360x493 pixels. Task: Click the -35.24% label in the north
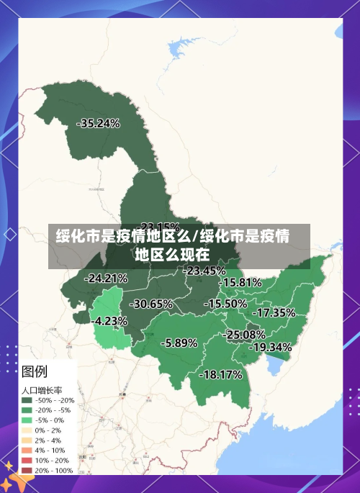tap(98, 123)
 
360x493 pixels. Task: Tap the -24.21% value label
tap(106, 278)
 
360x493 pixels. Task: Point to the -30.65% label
tap(151, 304)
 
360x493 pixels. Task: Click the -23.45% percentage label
tap(204, 271)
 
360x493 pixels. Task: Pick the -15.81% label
tap(240, 283)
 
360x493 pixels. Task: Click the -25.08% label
tap(244, 335)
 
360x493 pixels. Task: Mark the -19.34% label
tap(271, 347)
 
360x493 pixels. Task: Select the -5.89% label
tap(179, 343)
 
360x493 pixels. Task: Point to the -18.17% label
tap(220, 375)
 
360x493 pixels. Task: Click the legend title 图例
tap(35, 372)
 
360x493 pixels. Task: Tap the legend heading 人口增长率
tap(40, 389)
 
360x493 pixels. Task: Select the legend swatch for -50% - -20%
tap(27, 400)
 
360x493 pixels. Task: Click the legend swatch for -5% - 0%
tap(27, 420)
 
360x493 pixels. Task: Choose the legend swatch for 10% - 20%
tap(27, 460)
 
